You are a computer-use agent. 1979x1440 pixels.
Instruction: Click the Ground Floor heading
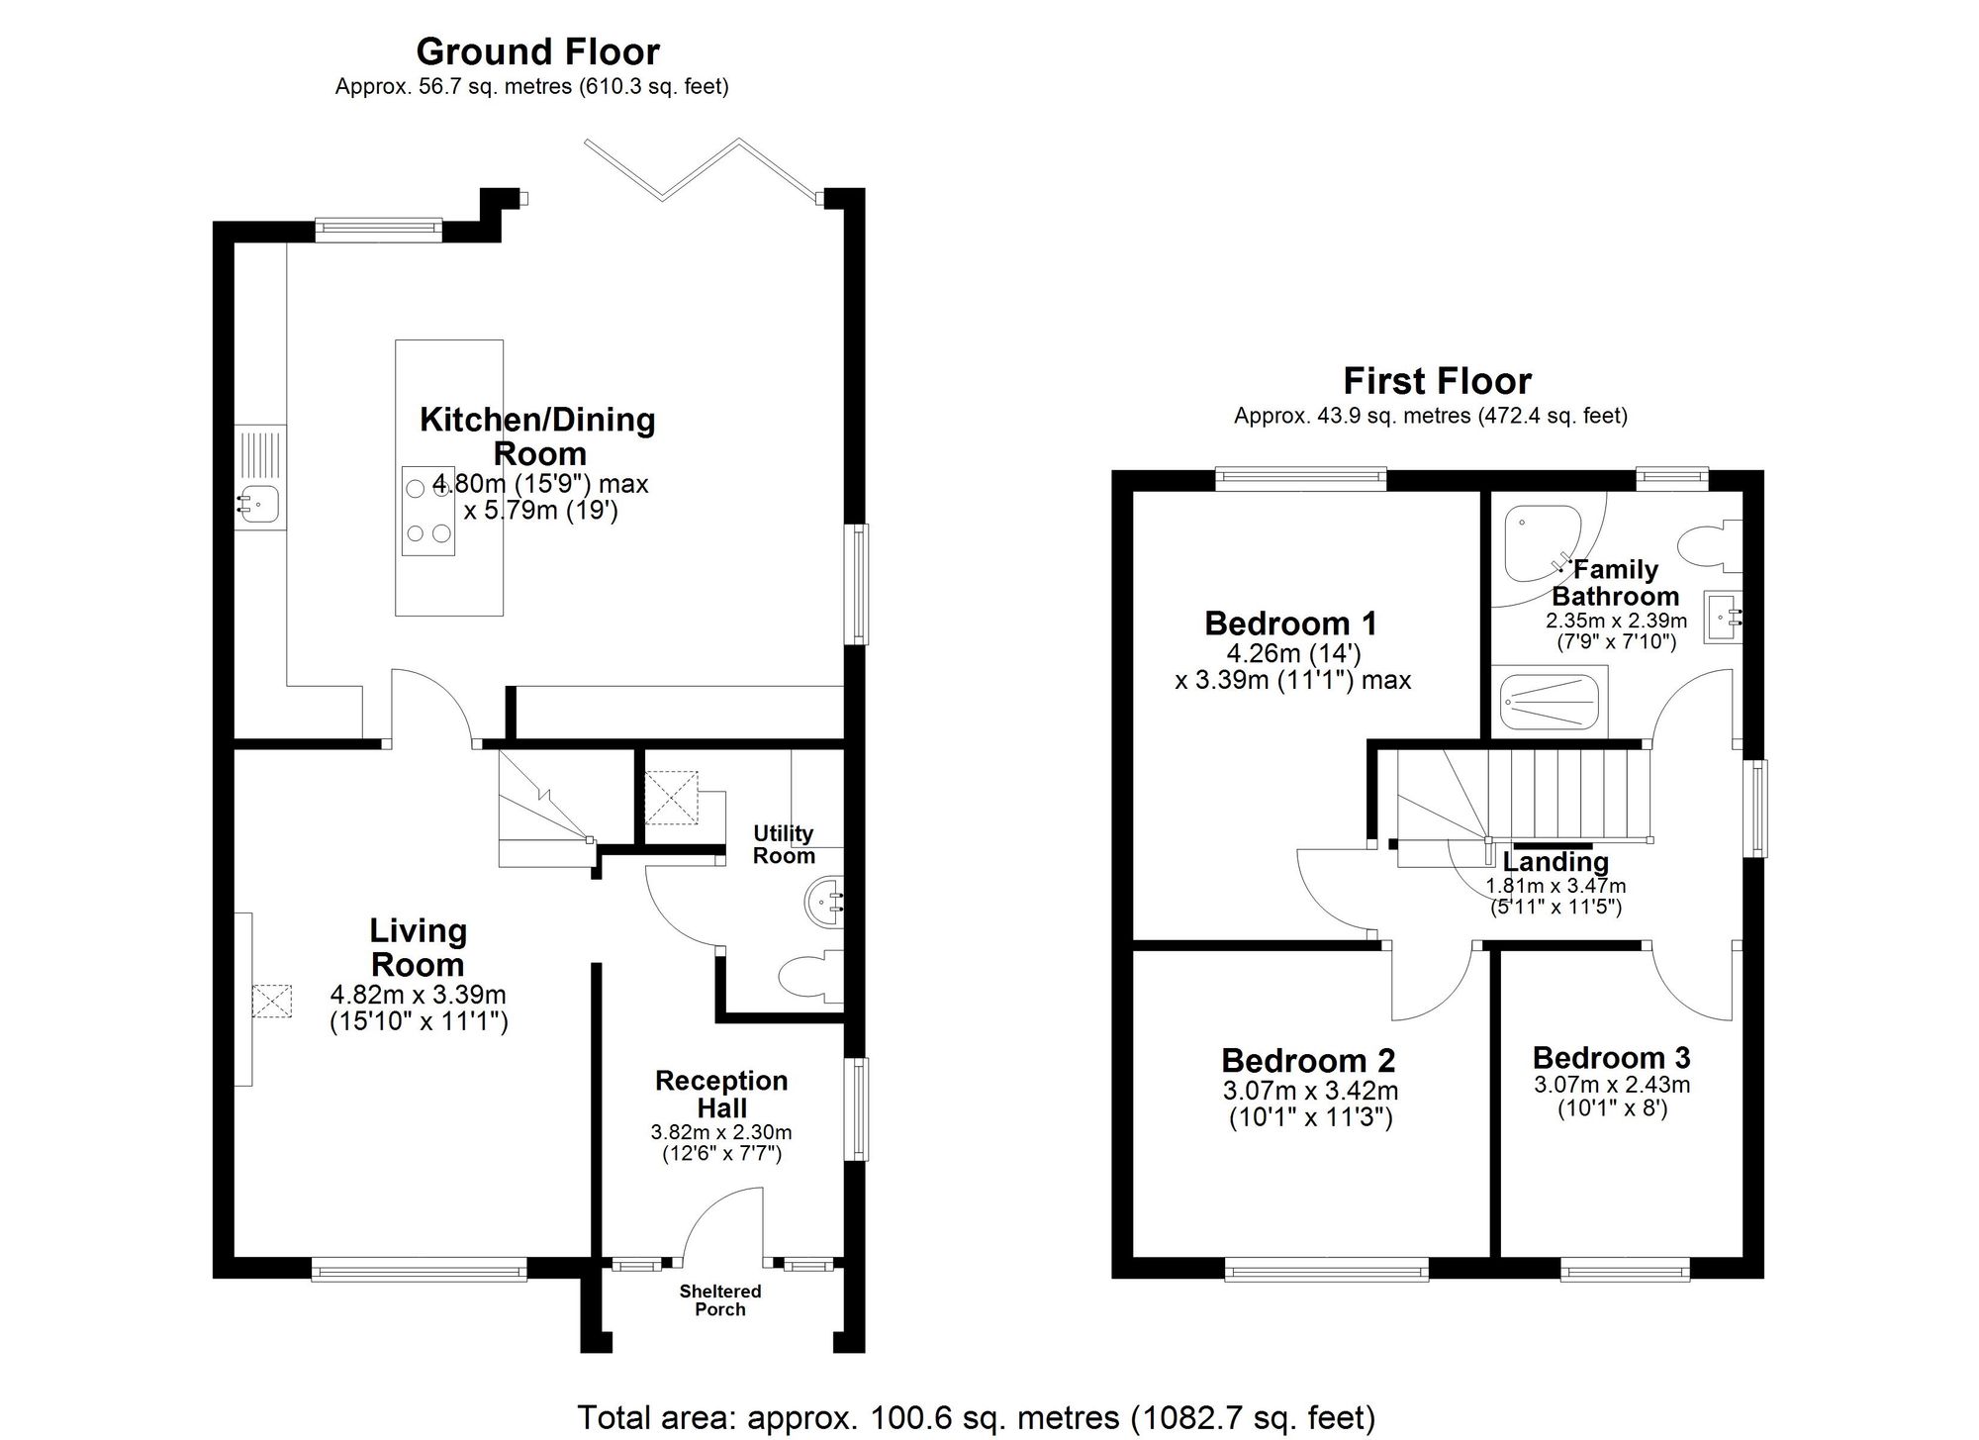coord(537,51)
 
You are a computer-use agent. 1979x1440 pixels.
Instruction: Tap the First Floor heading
coord(1437,381)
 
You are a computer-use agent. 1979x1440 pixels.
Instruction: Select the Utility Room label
coord(784,844)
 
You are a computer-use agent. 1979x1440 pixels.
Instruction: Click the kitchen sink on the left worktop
coord(259,506)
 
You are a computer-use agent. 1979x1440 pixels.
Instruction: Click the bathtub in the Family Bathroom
coord(1549,702)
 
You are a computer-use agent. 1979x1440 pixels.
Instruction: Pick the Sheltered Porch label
coord(720,1299)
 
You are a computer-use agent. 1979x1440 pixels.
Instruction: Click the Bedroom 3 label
coord(1611,1057)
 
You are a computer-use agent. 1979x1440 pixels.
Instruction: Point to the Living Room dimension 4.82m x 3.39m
coord(418,996)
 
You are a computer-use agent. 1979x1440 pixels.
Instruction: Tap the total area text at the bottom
coord(976,1417)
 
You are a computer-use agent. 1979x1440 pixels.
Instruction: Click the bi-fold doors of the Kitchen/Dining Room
coord(703,170)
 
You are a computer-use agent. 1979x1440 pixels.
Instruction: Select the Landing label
coord(1555,861)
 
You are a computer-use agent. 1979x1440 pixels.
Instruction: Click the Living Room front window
coord(419,1269)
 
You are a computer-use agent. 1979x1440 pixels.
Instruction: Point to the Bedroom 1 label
coord(1290,624)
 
